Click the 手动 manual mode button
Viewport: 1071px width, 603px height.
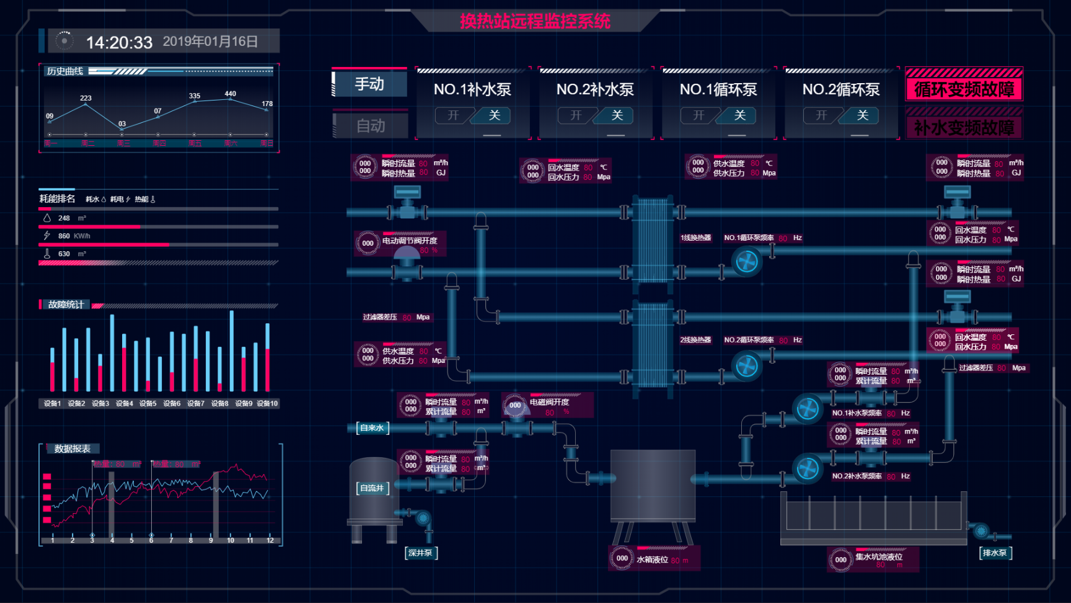[370, 84]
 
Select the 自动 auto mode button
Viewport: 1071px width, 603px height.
[371, 125]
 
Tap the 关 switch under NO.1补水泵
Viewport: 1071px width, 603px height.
[494, 115]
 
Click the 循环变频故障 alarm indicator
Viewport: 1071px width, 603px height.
[964, 89]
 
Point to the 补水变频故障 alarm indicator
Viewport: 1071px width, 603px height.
[964, 128]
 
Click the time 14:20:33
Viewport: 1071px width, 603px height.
[119, 42]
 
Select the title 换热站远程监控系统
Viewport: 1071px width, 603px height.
[535, 21]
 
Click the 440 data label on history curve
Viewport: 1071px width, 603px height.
[231, 94]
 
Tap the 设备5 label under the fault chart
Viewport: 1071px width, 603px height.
[148, 403]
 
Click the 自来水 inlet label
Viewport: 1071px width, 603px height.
[372, 427]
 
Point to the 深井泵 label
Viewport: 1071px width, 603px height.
[421, 553]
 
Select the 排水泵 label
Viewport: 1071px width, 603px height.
[995, 553]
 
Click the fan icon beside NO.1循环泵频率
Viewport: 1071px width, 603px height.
[747, 262]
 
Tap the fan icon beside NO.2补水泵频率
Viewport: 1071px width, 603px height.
[808, 468]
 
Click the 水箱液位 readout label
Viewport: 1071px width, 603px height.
[652, 560]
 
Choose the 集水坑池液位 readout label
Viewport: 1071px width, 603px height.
[879, 556]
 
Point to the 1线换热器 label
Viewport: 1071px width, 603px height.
[695, 238]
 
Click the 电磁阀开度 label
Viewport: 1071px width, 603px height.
[549, 402]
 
